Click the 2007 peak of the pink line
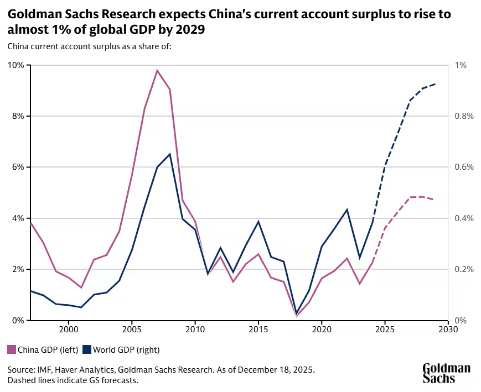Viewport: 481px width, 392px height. [157, 70]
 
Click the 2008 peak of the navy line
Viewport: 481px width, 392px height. [170, 154]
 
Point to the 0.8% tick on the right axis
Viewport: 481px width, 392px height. [463, 116]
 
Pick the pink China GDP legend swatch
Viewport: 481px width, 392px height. [11, 349]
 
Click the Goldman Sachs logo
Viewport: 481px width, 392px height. [446, 373]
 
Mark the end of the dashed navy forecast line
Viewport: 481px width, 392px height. [436, 84]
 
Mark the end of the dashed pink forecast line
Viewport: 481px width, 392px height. [436, 200]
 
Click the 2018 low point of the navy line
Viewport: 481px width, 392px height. [297, 313]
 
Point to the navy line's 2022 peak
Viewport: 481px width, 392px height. [347, 210]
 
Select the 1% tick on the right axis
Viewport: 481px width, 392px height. [461, 65]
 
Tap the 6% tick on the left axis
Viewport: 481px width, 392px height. [18, 167]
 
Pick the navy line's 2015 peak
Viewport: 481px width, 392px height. [258, 221]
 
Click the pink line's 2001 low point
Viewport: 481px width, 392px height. [81, 288]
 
